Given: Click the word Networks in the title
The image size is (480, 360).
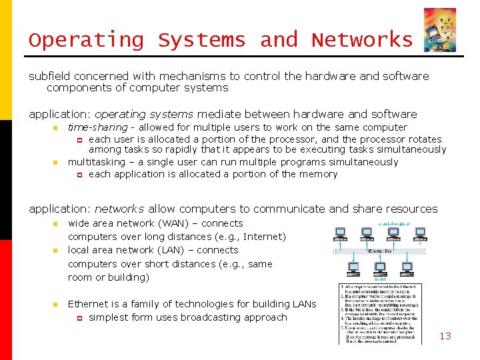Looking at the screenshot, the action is [362, 40].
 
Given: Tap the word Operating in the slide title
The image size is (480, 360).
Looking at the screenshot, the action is [86, 41].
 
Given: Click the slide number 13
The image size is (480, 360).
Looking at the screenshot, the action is [445, 336].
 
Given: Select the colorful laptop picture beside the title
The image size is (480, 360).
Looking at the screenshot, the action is [439, 29].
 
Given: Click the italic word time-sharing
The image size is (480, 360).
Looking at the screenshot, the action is [97, 127].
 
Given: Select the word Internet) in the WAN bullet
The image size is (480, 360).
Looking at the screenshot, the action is [265, 237].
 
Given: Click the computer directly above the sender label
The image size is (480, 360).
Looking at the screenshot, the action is [379, 268].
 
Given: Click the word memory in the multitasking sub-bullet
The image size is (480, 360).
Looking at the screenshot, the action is [319, 174].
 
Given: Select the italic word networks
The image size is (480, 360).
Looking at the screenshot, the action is [119, 209].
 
